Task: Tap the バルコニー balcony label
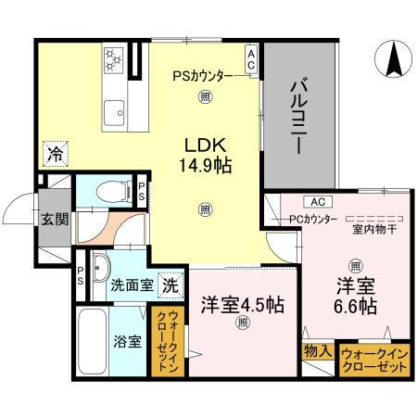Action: [x=299, y=118]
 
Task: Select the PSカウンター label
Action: [x=203, y=77]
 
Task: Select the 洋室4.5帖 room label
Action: [x=242, y=305]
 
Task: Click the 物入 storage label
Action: [x=316, y=351]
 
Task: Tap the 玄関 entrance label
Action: [x=53, y=220]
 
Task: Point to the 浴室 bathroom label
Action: [x=128, y=341]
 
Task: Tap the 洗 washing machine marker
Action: [x=171, y=285]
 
